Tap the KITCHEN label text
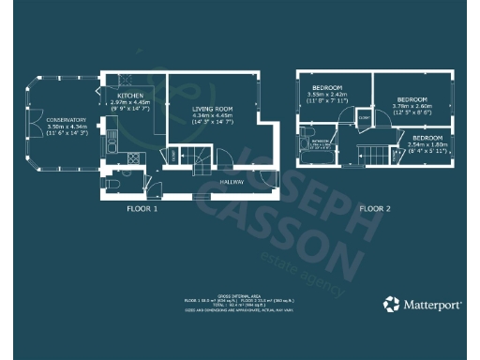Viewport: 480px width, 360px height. [129, 97]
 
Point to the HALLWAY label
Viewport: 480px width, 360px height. [232, 182]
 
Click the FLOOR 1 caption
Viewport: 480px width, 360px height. [144, 209]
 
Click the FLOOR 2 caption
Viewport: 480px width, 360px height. [378, 209]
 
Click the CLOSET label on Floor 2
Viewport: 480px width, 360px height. [364, 117]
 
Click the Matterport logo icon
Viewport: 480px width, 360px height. [390, 304]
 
